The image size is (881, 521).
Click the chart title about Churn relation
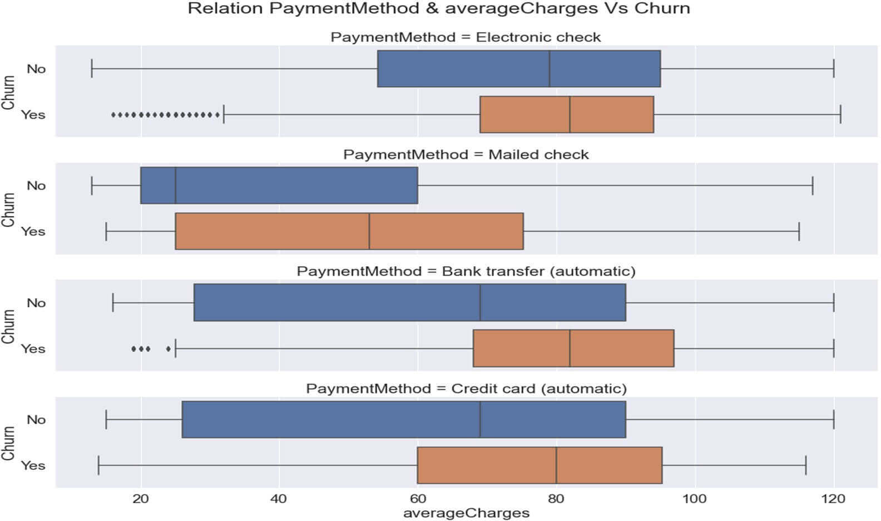[438, 9]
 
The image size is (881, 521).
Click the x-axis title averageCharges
[466, 513]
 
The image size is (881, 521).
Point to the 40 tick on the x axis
[279, 499]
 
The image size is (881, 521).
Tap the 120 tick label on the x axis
[833, 499]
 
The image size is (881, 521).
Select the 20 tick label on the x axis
[141, 499]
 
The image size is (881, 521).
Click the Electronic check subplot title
[466, 37]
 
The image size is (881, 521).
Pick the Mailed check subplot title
[466, 154]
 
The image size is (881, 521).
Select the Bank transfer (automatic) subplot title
[466, 271]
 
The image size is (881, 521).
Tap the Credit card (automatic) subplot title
[466, 388]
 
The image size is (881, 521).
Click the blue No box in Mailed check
[279, 185]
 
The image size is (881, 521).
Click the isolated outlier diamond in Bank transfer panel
[169, 349]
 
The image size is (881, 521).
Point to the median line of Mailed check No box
[175, 185]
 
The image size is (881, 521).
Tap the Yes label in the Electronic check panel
[33, 115]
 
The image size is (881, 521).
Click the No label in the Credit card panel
[36, 420]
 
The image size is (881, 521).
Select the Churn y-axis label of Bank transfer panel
[8, 326]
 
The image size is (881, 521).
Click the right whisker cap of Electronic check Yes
[840, 115]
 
